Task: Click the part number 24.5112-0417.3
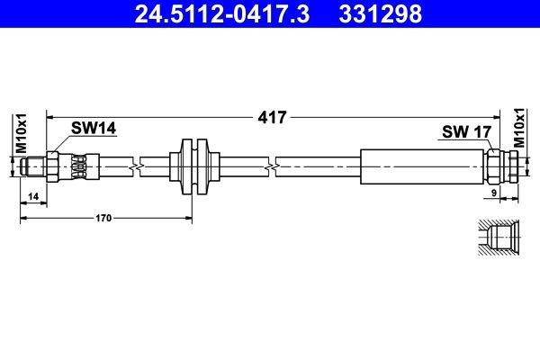222,13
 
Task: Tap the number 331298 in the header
380,13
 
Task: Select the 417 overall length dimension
272,118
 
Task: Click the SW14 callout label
94,129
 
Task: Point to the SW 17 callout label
466,131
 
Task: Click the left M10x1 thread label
21,134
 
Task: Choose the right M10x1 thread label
519,128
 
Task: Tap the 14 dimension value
33,197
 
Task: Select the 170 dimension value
103,218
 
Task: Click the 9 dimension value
494,193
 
